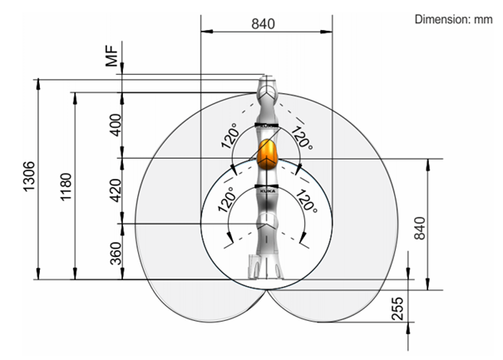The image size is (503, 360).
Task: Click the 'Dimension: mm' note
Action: (453, 19)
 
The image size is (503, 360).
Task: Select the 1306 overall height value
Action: (29, 176)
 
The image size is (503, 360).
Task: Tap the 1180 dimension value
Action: (66, 187)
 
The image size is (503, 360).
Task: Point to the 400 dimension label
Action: (116, 125)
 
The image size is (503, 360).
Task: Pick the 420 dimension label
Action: (116, 190)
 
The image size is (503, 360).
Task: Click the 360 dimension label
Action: (116, 254)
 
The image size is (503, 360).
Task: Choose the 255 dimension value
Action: (397, 308)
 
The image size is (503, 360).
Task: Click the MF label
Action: (112, 56)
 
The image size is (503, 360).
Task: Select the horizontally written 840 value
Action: (263, 24)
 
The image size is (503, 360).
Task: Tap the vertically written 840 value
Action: (420, 228)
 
